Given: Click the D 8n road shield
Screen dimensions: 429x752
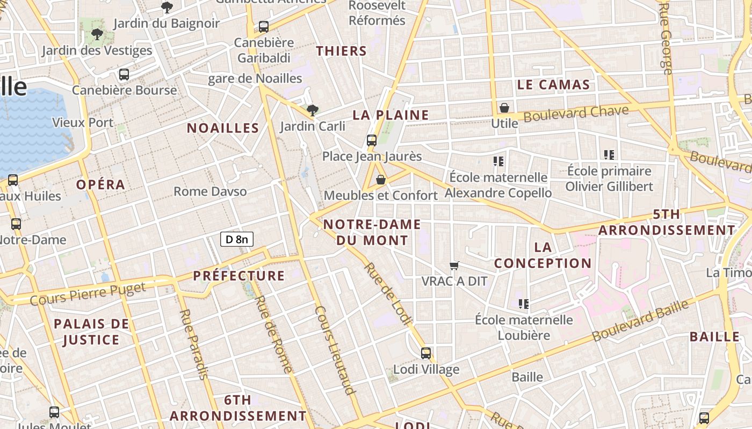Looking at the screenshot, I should [x=236, y=239].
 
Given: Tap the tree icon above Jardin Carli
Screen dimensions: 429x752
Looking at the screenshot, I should [x=312, y=110].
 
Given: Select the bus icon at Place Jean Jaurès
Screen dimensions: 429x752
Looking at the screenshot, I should [x=371, y=140].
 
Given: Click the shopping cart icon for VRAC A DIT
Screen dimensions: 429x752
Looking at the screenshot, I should [x=454, y=265].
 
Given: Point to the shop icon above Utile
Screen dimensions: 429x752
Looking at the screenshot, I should [x=504, y=108].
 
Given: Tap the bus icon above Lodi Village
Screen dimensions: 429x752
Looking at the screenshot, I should [x=426, y=353].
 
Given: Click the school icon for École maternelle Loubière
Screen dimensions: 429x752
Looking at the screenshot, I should [x=524, y=304].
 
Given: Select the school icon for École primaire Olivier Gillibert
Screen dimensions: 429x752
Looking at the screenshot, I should [x=609, y=155].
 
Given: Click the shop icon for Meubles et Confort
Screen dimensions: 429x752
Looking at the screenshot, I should [x=381, y=180].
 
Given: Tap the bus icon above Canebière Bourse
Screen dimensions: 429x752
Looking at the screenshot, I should [x=124, y=74].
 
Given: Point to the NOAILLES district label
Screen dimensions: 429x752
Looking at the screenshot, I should [x=223, y=128].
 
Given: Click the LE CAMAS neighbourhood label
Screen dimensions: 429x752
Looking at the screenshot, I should [x=553, y=85].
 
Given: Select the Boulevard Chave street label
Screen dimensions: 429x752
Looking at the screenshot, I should [x=576, y=114].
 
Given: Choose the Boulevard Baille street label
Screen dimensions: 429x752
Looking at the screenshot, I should [x=640, y=321].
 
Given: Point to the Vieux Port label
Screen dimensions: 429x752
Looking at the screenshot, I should [x=83, y=122].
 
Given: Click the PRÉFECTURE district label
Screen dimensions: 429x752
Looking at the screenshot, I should [x=239, y=276].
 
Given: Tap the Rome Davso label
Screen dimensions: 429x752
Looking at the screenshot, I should [x=210, y=191].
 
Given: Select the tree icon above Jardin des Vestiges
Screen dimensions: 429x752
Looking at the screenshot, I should [x=97, y=34].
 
